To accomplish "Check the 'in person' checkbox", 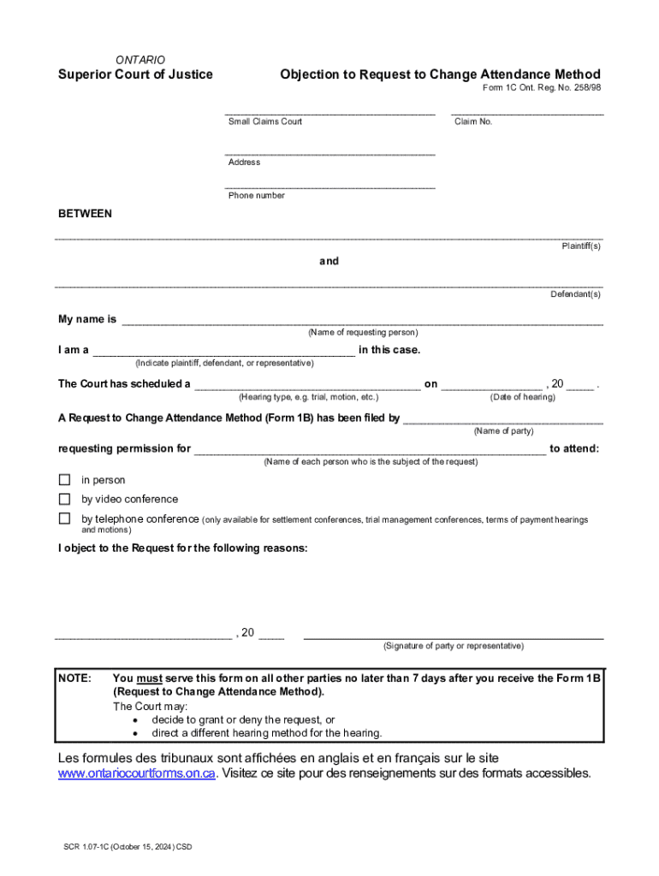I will coord(64,480).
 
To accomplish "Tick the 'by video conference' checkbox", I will coord(64,499).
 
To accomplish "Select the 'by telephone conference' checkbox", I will coord(64,518).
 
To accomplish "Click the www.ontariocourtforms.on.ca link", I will coord(136,774).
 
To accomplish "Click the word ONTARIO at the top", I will coord(140,60).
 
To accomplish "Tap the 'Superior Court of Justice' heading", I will coord(135,74).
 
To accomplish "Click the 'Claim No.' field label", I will coord(473,121).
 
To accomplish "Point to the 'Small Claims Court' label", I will coord(264,121).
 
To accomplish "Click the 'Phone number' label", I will coord(256,195).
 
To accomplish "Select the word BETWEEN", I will coord(85,213).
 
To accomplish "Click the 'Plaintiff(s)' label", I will coord(581,246).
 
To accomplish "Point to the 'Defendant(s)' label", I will coord(575,294).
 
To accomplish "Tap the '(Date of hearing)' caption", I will coord(522,397).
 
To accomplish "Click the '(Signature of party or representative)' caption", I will coord(454,646).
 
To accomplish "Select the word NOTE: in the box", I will coord(74,678).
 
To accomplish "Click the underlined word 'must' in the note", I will coord(149,678).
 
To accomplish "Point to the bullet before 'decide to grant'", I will coord(135,720).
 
